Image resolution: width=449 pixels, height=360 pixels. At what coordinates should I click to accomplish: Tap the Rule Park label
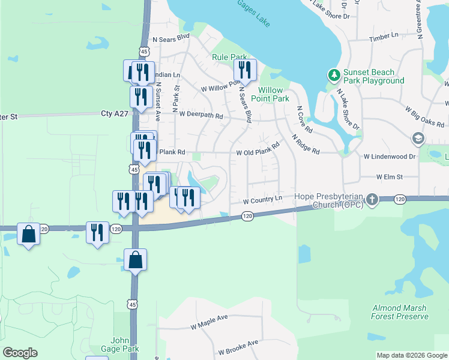click(x=230, y=57)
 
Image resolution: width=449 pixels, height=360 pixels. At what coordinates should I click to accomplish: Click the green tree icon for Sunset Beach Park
click(x=334, y=76)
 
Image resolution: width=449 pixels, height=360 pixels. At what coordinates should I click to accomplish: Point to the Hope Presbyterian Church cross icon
click(x=372, y=200)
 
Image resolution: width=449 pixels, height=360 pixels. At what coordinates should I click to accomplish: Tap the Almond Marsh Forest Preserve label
click(x=400, y=311)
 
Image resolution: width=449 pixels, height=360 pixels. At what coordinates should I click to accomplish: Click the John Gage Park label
click(x=124, y=344)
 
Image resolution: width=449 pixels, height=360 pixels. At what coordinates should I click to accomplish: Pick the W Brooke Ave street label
click(x=238, y=347)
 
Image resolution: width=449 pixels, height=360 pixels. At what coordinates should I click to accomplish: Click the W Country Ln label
click(x=262, y=199)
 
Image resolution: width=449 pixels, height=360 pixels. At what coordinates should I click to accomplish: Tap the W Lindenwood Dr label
click(x=390, y=156)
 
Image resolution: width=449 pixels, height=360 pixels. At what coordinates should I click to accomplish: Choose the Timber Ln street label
click(x=384, y=36)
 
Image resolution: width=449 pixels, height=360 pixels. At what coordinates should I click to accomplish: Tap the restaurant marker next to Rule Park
click(x=245, y=71)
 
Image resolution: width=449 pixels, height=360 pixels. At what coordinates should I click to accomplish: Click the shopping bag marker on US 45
click(x=136, y=260)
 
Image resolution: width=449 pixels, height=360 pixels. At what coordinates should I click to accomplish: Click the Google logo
click(x=20, y=353)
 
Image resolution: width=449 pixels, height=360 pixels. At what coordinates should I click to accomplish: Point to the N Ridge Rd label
click(x=306, y=145)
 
